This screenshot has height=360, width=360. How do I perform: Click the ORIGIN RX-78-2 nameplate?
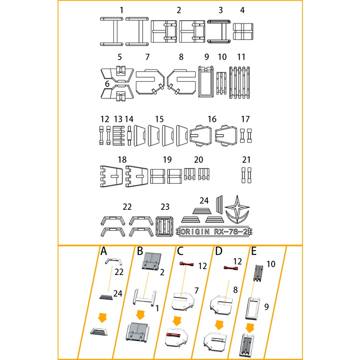(216, 232)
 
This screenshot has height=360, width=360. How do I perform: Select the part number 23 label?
(165, 207)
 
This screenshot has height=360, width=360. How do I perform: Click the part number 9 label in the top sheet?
(207, 57)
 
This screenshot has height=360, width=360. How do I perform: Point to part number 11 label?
(241, 57)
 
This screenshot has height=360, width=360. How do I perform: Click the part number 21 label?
(246, 159)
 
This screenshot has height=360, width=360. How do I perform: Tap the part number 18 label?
(122, 159)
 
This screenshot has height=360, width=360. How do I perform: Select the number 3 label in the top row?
(220, 10)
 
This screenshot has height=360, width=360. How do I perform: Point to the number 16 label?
(212, 119)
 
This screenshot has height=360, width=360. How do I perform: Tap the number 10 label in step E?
(272, 264)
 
